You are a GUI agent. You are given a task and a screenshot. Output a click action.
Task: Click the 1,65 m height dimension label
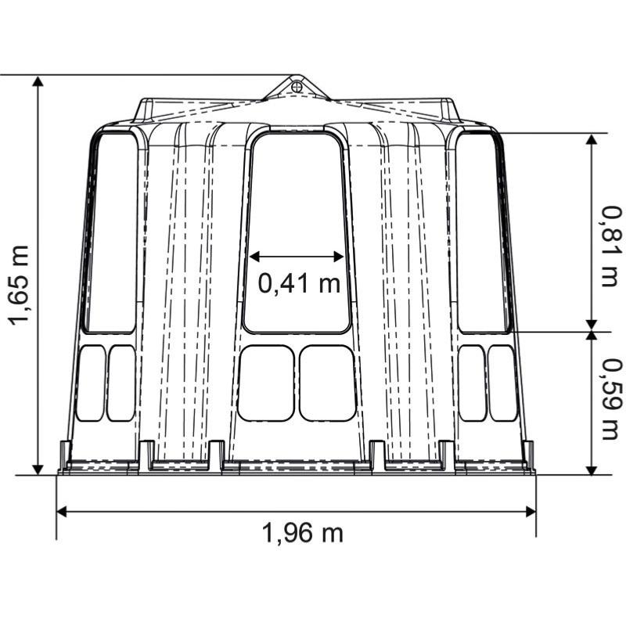click(19, 285)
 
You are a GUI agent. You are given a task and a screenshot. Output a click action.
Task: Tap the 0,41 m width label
click(299, 283)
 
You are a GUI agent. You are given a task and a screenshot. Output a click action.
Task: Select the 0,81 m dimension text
click(612, 246)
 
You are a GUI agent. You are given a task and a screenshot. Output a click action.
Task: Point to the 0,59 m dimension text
click(612, 399)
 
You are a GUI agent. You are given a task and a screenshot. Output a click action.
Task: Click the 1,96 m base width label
click(302, 533)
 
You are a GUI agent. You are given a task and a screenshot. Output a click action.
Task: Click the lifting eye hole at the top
click(297, 86)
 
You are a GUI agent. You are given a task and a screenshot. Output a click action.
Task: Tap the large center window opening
click(297, 232)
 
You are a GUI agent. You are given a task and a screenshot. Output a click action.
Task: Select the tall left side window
click(111, 232)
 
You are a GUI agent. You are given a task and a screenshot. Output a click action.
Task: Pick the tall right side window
click(484, 232)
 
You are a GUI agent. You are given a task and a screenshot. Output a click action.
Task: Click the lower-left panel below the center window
click(266, 383)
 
